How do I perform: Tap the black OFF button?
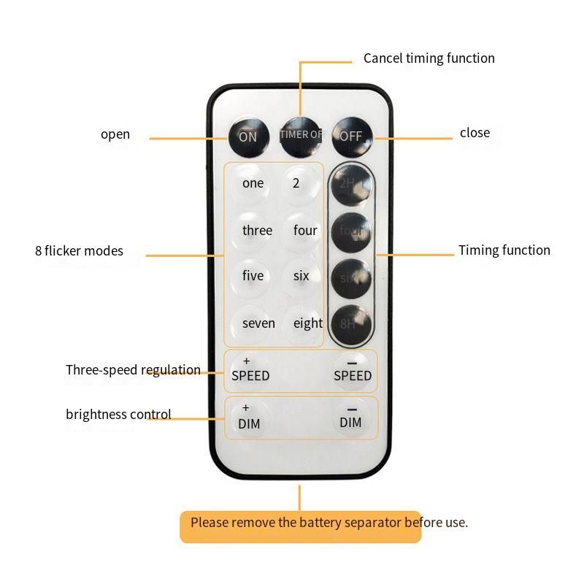click(x=352, y=136)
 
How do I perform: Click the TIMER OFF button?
click(x=300, y=135)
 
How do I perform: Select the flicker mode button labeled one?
click(x=253, y=183)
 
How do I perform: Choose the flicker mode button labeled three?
click(x=257, y=231)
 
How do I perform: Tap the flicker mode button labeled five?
click(x=253, y=276)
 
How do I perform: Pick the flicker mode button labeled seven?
click(x=258, y=323)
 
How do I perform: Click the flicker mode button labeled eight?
click(x=307, y=323)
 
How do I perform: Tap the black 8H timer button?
click(x=351, y=323)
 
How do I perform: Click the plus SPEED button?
click(x=250, y=370)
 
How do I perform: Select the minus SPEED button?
click(x=353, y=370)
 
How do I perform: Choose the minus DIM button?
click(x=351, y=418)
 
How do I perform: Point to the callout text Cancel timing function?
click(x=429, y=58)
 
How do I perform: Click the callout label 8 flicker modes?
click(x=79, y=251)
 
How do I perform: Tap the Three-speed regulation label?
click(x=133, y=370)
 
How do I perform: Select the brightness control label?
click(x=118, y=415)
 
